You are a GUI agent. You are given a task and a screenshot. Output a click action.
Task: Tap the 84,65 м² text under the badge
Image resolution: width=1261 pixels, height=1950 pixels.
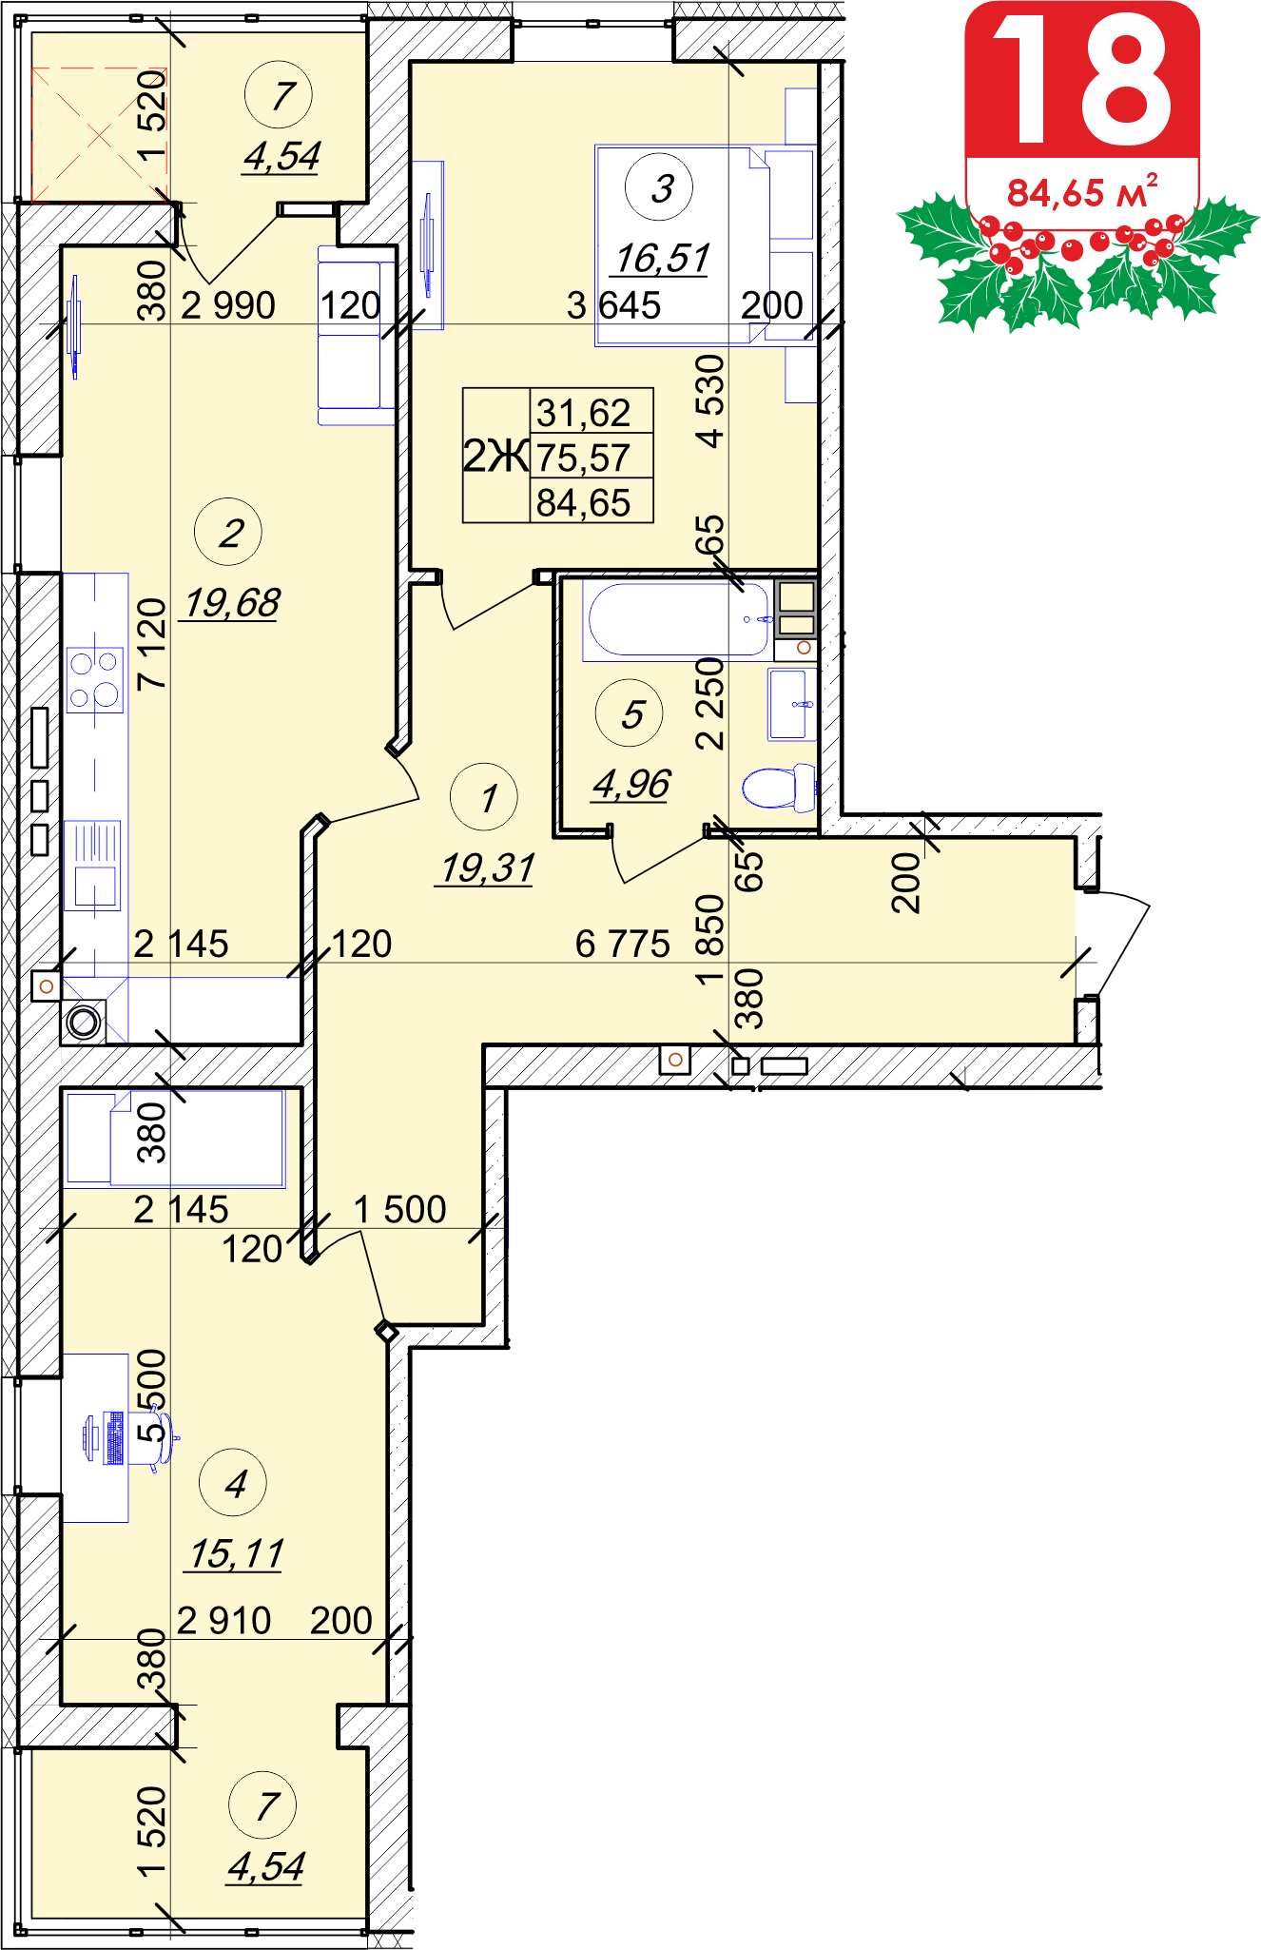(x=1082, y=192)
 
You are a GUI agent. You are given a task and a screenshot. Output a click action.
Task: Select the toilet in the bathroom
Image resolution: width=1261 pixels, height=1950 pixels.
(x=779, y=788)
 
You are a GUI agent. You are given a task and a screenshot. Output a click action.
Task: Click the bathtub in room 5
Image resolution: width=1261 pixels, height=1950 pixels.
(x=678, y=620)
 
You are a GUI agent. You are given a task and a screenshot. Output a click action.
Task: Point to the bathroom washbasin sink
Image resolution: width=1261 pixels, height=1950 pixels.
(x=792, y=704)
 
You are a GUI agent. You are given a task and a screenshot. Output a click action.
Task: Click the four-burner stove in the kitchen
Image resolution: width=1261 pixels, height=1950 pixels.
(x=95, y=679)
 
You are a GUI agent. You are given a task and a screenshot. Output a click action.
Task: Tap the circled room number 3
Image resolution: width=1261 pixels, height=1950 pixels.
(x=659, y=187)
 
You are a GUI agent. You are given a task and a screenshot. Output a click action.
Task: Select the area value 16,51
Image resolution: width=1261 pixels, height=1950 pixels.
(x=663, y=259)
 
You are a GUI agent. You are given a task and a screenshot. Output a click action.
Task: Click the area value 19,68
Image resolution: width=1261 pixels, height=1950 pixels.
(x=232, y=603)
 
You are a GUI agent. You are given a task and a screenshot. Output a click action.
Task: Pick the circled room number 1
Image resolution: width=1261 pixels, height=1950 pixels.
(x=484, y=797)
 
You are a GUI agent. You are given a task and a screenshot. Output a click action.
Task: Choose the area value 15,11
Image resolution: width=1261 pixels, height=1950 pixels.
(x=237, y=1554)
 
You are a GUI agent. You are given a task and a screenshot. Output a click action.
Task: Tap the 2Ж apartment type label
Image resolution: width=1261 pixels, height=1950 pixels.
(x=495, y=456)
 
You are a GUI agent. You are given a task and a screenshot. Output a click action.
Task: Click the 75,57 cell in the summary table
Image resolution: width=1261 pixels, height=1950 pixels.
(x=583, y=458)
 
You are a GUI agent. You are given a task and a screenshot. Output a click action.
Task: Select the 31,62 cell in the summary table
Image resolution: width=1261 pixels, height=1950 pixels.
(x=583, y=413)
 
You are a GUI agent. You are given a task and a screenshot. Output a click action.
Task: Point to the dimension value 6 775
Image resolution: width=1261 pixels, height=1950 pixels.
(x=623, y=944)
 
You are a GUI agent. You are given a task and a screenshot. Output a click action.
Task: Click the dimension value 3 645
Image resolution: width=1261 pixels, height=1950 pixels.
(x=613, y=305)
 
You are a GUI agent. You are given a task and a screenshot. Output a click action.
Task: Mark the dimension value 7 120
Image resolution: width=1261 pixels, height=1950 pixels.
(x=152, y=644)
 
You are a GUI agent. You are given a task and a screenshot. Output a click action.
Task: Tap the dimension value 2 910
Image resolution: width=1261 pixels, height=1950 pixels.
(x=224, y=1620)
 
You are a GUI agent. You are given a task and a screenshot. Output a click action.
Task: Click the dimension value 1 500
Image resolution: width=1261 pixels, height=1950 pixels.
(x=400, y=1209)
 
